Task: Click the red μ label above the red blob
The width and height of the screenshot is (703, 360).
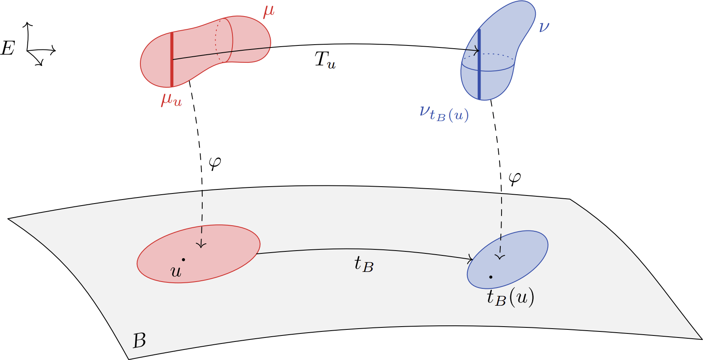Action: tap(269, 11)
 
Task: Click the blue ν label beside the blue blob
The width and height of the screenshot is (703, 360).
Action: tap(544, 27)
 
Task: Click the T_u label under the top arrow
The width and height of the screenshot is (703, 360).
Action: tap(325, 61)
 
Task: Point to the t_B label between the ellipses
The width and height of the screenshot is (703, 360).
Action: tap(364, 265)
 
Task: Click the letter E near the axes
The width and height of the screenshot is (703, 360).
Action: tap(8, 49)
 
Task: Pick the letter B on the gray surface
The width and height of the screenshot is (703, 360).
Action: tap(139, 341)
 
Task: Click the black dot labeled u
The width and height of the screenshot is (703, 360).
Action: tap(183, 260)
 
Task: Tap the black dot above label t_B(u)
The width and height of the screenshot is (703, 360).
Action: tap(491, 277)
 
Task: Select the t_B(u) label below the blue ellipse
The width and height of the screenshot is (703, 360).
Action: tap(510, 298)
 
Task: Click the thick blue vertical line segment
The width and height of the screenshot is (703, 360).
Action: tap(479, 64)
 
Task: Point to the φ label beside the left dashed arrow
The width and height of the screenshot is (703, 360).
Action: tap(215, 163)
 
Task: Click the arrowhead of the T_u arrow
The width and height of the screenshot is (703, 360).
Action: tap(478, 51)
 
